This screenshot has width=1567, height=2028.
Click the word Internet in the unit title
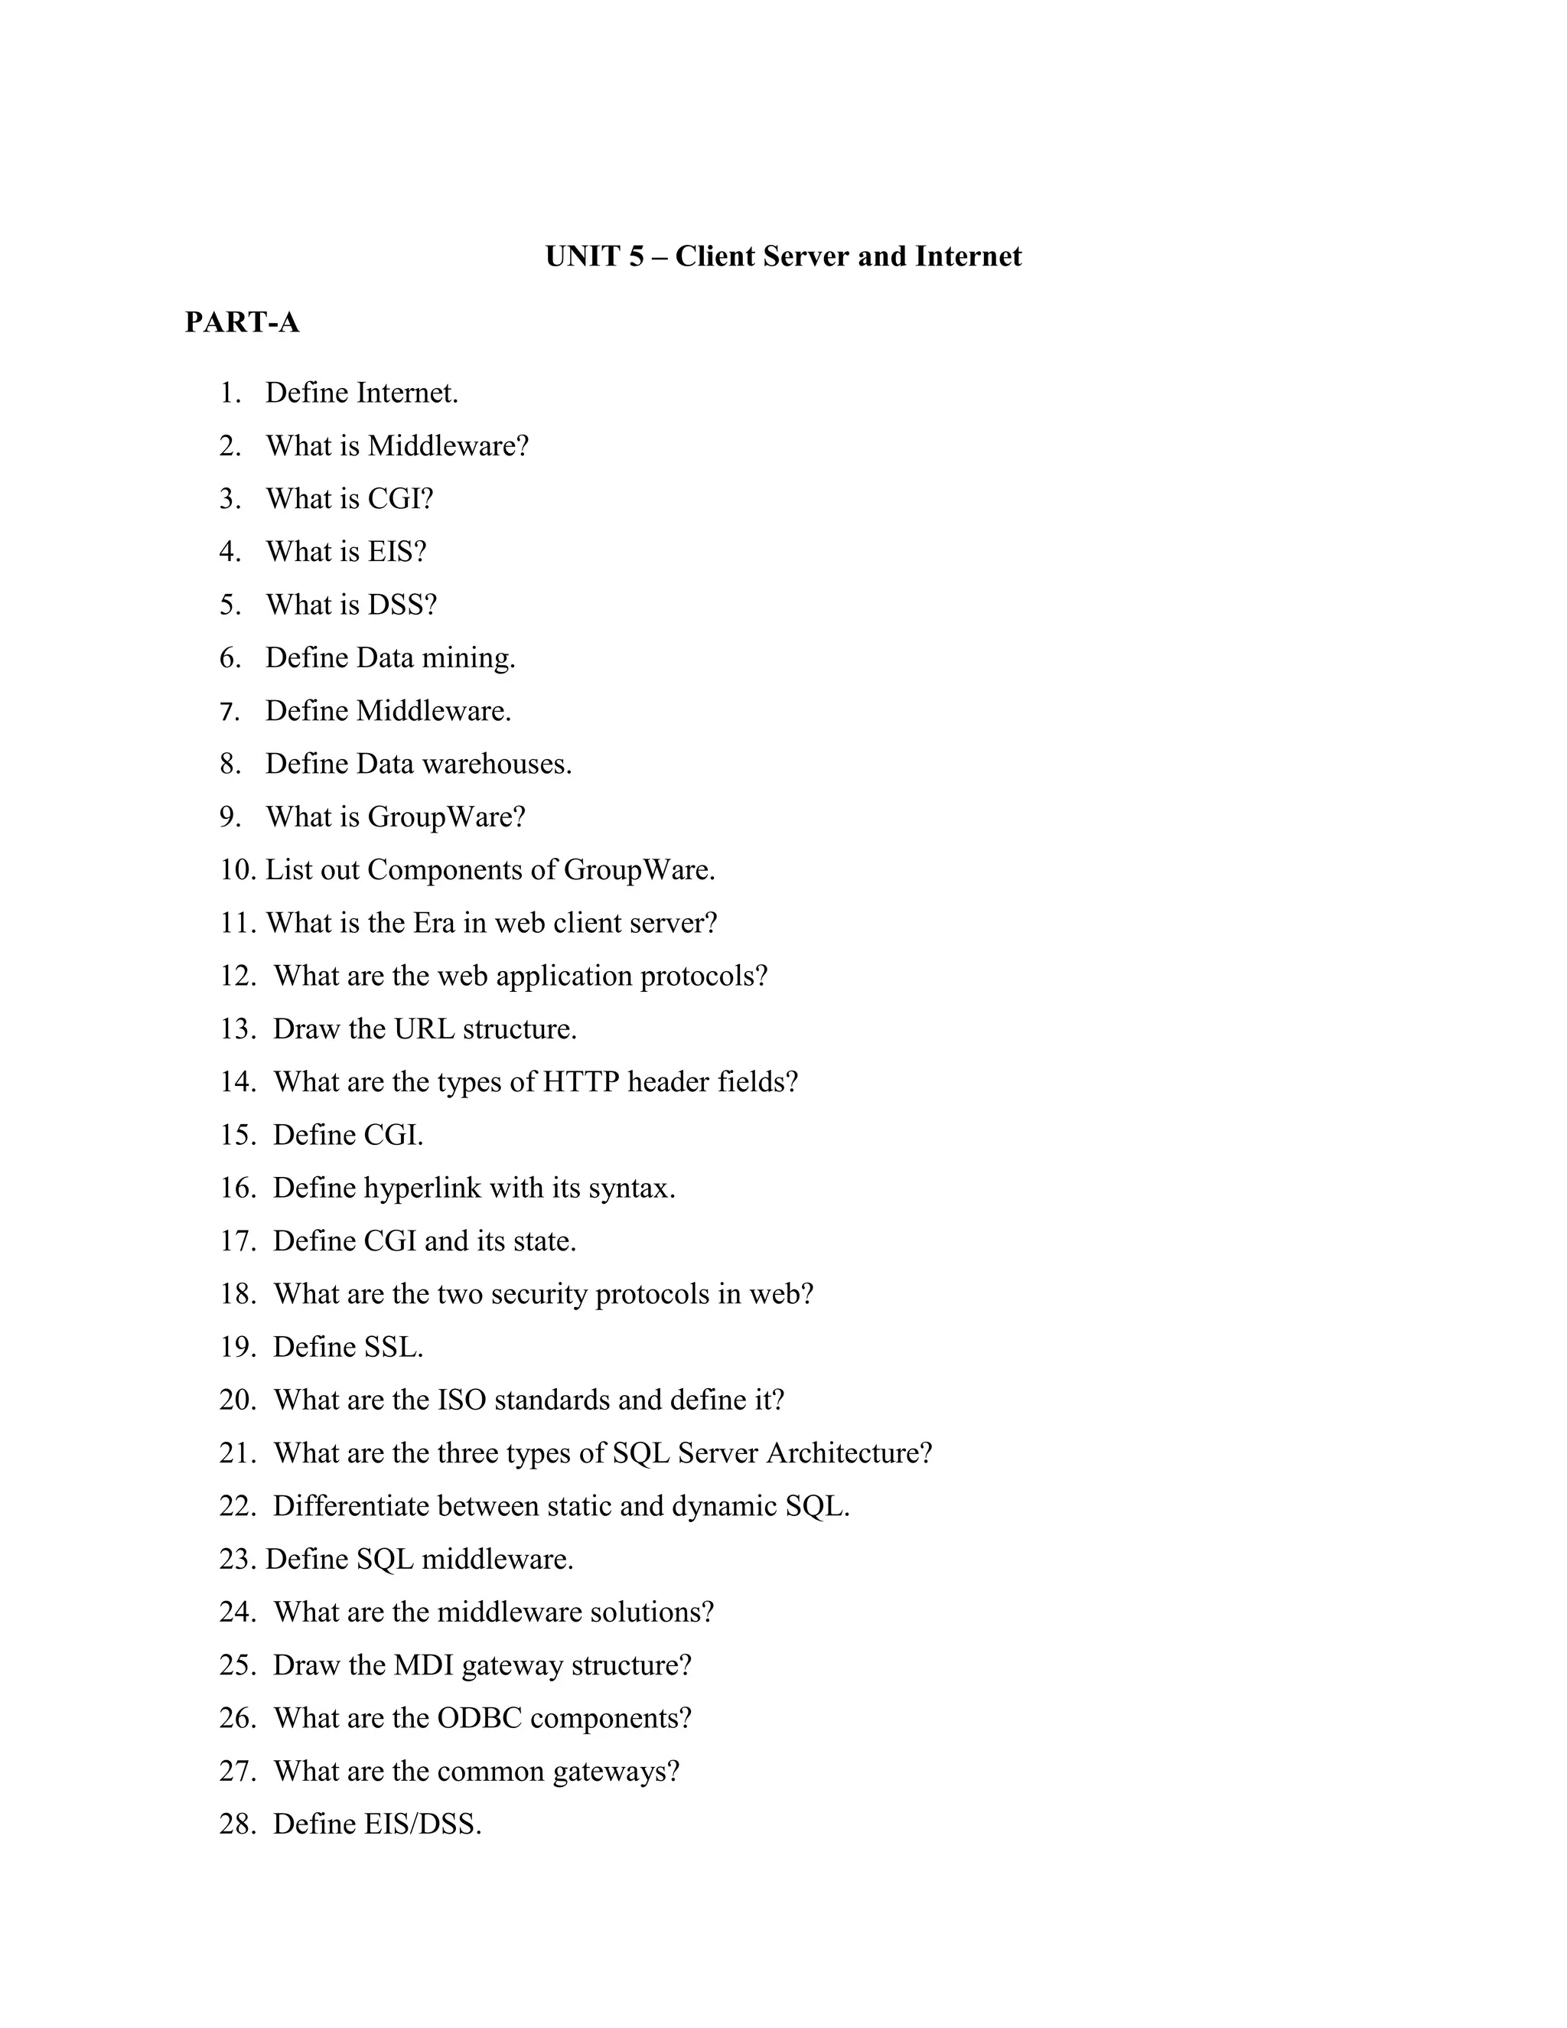[x=967, y=256]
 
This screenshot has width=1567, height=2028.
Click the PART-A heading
[x=243, y=322]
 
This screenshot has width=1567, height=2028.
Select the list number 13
[x=236, y=1029]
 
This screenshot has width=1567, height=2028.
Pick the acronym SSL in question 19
[x=393, y=1346]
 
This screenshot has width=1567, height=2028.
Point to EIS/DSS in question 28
[x=422, y=1824]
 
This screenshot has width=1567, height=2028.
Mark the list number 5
[x=230, y=605]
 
